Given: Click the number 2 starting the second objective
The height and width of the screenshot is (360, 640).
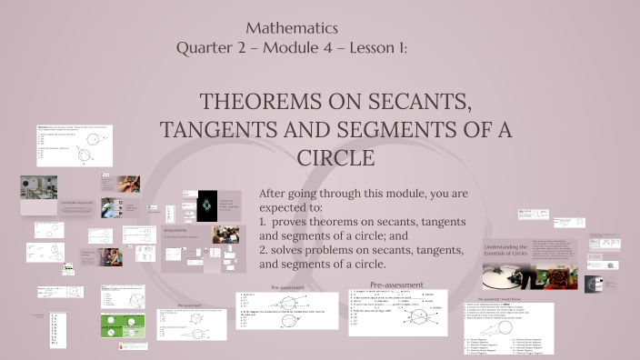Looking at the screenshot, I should point(263,249).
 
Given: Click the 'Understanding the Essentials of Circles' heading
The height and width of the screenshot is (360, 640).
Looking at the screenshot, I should point(506,250).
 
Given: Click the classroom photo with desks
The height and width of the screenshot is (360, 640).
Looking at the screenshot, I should point(39,187).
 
